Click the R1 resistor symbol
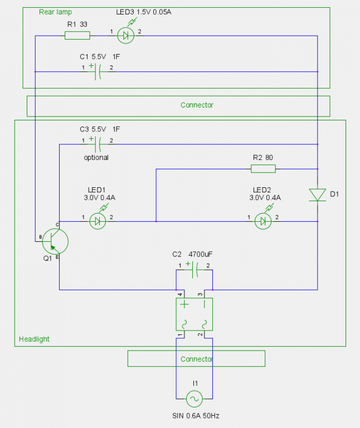point(77,36)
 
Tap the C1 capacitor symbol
point(98,71)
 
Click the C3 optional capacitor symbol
point(98,144)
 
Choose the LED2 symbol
point(262,221)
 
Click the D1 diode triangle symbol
point(317,194)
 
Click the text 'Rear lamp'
point(55,12)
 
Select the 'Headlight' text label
point(35,339)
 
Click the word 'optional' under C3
point(96,158)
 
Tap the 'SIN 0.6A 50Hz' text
point(197,416)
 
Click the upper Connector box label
point(197,105)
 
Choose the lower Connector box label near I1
point(197,359)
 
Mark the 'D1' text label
point(334,194)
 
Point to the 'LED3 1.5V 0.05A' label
point(144,12)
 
